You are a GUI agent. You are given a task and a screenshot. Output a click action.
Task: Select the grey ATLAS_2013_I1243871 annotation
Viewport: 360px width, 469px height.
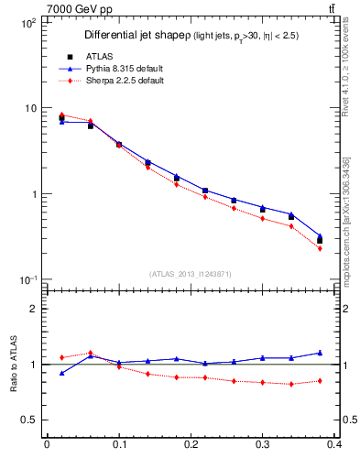[191, 273]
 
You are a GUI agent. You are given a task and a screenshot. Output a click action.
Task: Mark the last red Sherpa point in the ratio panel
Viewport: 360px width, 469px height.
[320, 380]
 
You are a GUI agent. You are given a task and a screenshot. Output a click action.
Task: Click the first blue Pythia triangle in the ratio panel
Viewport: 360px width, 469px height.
[61, 373]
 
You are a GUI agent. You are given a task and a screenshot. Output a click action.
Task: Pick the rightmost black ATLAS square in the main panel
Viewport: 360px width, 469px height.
[320, 240]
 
